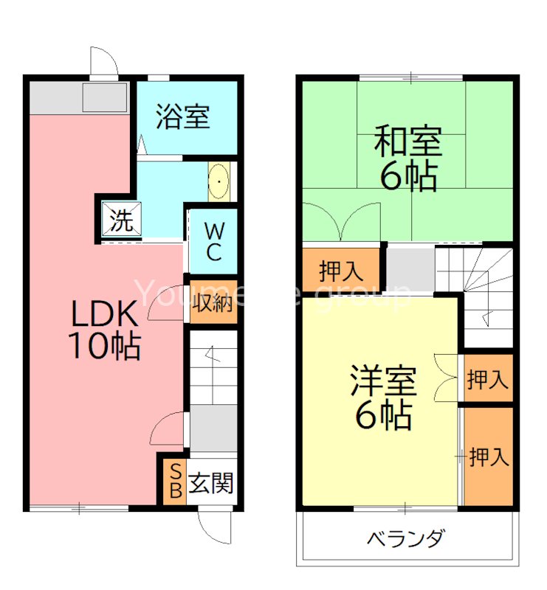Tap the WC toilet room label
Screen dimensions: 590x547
213,240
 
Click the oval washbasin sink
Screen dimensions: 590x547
219,180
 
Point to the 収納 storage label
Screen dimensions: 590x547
214,302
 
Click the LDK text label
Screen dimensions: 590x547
104,316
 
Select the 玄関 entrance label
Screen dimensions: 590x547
212,484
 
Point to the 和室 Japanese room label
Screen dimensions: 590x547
407,141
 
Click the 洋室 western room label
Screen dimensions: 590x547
383,382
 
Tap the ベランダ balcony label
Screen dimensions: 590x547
406,539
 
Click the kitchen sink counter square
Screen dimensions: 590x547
105,97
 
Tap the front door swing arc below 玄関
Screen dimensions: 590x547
216,527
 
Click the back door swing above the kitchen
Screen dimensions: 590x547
103,62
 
